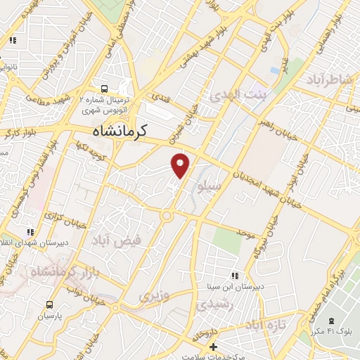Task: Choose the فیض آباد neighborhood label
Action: pyautogui.click(x=116, y=240)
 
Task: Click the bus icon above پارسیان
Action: pyautogui.click(x=49, y=304)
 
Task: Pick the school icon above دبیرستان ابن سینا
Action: pyautogui.click(x=233, y=275)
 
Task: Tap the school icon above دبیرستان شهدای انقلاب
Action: pyautogui.click(x=30, y=232)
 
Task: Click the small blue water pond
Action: pyautogui.click(x=274, y=71)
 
